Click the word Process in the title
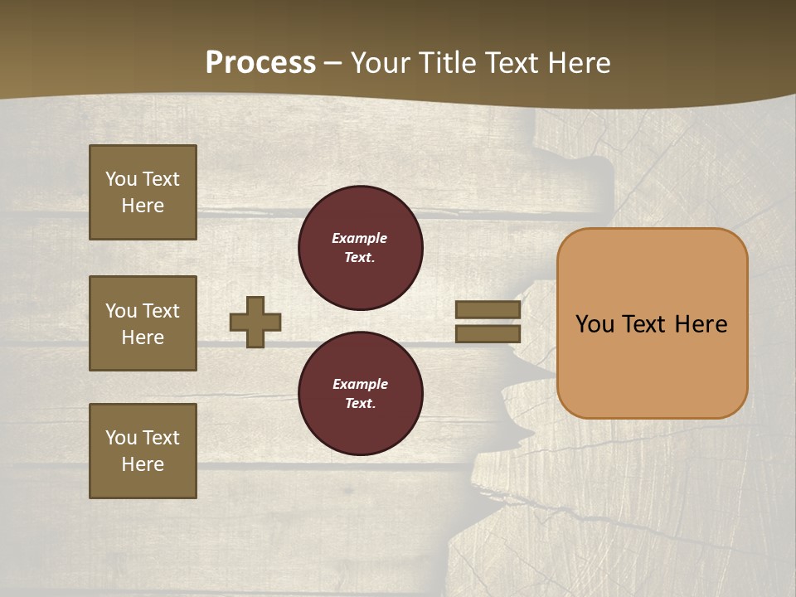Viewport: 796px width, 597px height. [260, 63]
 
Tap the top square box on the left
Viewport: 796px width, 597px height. [143, 192]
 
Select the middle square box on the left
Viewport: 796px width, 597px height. [143, 323]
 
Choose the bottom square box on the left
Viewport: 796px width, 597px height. [143, 451]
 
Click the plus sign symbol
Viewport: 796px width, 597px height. [255, 322]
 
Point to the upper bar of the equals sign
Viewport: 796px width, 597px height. [488, 309]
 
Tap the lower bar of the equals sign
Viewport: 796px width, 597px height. [488, 334]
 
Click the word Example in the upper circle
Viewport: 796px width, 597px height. [359, 238]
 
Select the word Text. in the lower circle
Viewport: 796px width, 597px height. [360, 403]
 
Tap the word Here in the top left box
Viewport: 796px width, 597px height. [143, 206]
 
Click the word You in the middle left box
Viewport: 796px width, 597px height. [120, 311]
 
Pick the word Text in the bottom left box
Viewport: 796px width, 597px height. [160, 438]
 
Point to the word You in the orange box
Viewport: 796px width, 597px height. [595, 324]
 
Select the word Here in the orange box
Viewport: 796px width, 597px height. [701, 324]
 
